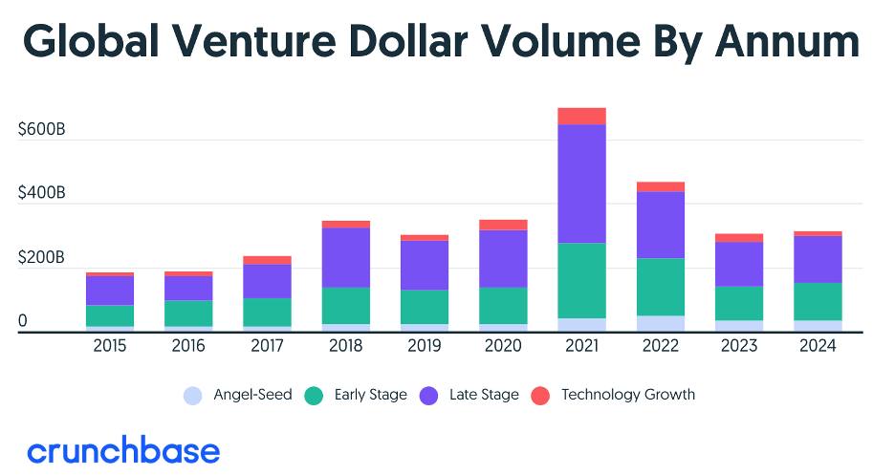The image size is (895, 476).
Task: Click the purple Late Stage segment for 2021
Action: point(581,184)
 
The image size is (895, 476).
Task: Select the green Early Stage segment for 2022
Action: point(661,287)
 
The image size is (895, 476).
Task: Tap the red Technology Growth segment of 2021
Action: point(581,116)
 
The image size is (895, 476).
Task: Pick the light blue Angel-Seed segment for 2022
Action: point(661,324)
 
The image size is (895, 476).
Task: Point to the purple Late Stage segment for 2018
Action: point(346,257)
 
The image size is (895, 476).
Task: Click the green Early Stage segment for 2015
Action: point(110,315)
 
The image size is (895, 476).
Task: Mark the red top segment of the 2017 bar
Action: point(267,260)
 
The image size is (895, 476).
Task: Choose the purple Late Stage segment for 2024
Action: point(818,259)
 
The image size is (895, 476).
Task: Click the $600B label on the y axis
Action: point(42,130)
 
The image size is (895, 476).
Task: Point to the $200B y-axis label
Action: point(42,257)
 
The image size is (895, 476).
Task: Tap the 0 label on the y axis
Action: point(22,321)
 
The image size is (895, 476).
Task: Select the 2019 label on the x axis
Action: point(425,346)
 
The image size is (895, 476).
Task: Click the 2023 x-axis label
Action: point(739,346)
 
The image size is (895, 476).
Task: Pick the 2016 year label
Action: point(188,346)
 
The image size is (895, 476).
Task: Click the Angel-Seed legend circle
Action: point(193,396)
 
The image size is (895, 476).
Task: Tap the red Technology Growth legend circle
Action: point(540,396)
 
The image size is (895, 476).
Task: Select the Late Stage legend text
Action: point(484,395)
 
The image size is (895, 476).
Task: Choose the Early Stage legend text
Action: point(370,395)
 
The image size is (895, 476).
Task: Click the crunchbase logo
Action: point(123,451)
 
